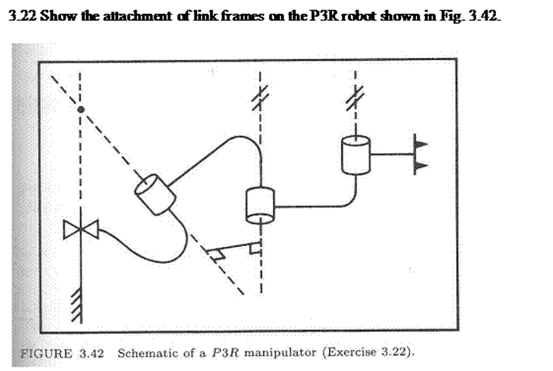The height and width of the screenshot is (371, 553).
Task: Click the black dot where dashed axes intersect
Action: coord(81,110)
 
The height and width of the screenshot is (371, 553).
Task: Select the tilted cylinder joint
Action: coord(155,195)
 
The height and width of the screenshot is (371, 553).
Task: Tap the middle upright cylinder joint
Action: coord(260,205)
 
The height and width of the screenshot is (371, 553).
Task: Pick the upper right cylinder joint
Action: coord(356,155)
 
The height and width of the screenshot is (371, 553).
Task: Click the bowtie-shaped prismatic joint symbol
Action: coord(81,229)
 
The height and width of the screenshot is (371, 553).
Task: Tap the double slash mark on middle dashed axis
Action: coord(260,97)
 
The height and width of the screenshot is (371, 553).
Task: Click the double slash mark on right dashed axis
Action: coord(355,98)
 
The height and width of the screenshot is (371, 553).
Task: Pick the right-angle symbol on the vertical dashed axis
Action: coord(255,249)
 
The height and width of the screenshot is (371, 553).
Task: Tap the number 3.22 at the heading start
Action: coord(22,16)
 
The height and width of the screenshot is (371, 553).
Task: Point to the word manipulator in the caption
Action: coord(280,353)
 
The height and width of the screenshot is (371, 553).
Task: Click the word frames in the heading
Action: coord(242,16)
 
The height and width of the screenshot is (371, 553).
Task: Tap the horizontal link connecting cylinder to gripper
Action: coord(392,154)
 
